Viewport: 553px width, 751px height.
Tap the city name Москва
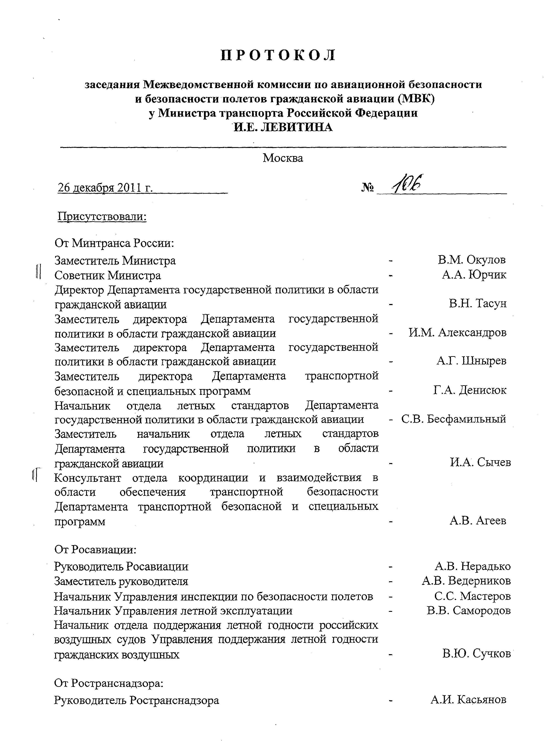283,158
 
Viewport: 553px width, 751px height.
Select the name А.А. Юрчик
474,275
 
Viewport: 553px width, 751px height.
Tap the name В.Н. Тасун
478,304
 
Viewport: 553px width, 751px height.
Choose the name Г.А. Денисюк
470,390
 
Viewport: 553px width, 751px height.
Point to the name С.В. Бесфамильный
454,419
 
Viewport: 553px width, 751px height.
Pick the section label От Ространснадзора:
109,683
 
